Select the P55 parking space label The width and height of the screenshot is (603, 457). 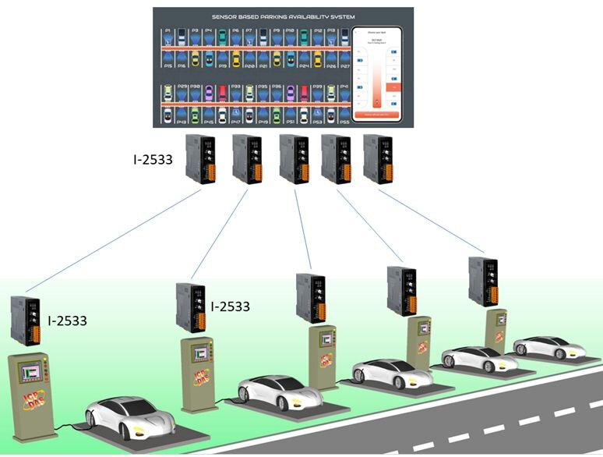pos(344,122)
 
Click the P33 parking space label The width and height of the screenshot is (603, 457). pos(235,87)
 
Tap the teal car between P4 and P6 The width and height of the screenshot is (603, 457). pos(223,36)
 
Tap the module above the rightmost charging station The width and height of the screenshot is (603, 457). pos(483,282)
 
